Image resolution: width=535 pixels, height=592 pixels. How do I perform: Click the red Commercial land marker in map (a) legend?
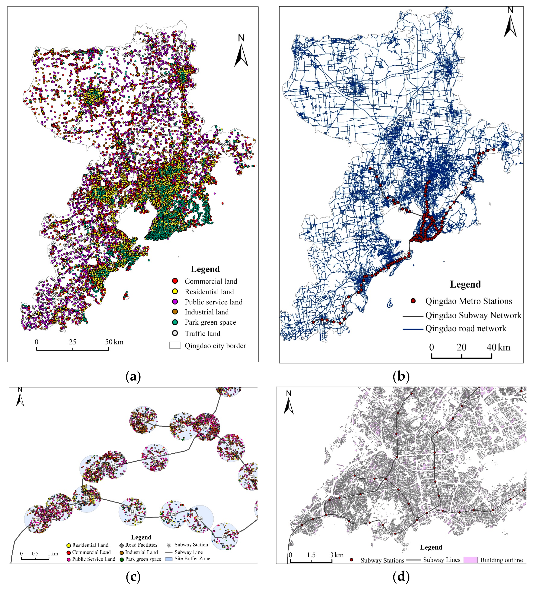point(175,281)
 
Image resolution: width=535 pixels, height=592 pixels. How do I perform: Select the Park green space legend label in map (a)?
point(210,322)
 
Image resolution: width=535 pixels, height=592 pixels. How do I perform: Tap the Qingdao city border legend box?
point(175,345)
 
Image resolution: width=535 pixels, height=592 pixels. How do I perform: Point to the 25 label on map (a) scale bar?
point(72,342)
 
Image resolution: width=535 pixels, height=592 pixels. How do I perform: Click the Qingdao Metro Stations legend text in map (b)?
point(468,301)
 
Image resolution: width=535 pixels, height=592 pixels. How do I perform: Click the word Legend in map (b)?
point(465,284)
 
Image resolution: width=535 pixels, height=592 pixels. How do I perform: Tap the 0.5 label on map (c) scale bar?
point(35,553)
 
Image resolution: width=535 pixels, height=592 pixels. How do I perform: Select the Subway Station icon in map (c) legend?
point(169,545)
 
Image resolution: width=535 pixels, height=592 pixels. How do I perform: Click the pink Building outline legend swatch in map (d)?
point(470,560)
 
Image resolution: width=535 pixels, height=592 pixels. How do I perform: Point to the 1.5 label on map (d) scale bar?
point(311,555)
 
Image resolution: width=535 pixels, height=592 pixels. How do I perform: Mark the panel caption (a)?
point(133,377)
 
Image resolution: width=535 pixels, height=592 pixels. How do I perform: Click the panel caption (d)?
point(401,577)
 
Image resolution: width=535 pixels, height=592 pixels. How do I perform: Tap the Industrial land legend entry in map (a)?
point(206,312)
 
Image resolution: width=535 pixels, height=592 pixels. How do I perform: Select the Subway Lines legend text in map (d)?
point(442,560)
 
